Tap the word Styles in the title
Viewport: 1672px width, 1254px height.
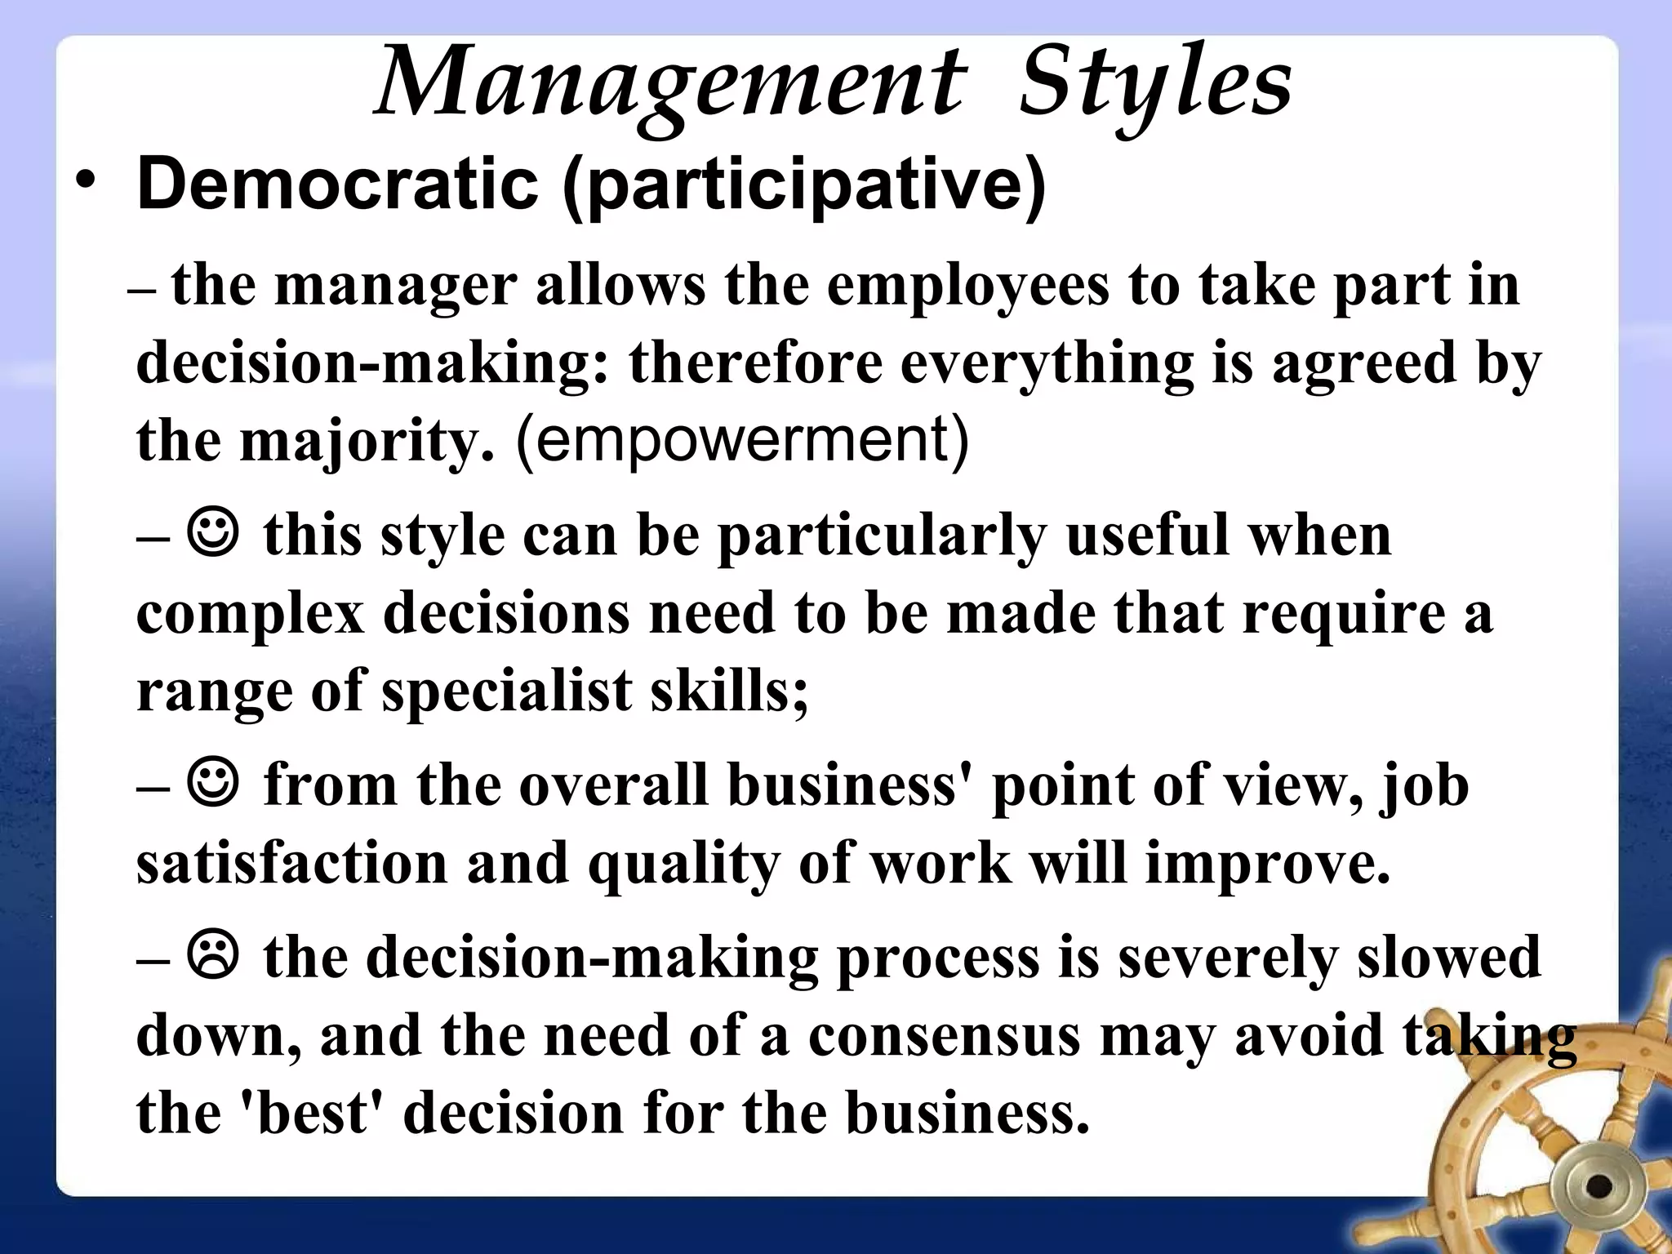tap(1155, 86)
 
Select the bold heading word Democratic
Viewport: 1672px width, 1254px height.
tap(337, 185)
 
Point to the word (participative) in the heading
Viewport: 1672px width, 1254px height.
tap(804, 186)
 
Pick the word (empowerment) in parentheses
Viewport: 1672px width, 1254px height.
tap(742, 440)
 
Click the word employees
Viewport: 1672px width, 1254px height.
tap(967, 286)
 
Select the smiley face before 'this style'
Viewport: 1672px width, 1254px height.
tap(214, 532)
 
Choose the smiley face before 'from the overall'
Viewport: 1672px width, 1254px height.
tap(214, 782)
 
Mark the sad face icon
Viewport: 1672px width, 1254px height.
tap(214, 954)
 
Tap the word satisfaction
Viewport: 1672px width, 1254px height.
tap(292, 864)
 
